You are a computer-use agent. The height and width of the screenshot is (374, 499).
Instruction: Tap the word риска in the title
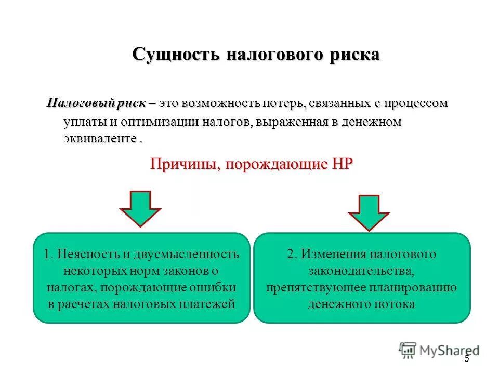[354, 55]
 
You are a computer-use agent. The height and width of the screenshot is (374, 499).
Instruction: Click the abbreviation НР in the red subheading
[340, 165]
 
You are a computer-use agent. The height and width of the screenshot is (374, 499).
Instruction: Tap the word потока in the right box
[397, 304]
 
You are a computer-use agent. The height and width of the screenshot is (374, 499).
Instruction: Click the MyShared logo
[439, 351]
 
